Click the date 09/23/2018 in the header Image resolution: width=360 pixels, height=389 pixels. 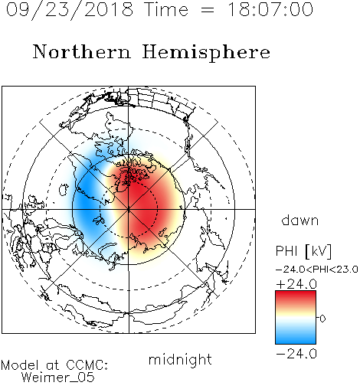pos(70,10)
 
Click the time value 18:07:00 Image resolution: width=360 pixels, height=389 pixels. pos(270,9)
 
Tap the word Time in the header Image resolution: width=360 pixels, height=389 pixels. pos(166,9)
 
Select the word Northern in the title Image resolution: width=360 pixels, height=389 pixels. pos(82,51)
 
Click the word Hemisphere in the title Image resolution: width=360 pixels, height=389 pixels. pos(206,53)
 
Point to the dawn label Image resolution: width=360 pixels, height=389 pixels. pos(300,220)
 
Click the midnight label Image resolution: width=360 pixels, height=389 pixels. pos(180,359)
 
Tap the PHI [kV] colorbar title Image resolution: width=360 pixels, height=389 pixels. pos(303,250)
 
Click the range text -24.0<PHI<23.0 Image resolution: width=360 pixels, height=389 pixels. pos(317,270)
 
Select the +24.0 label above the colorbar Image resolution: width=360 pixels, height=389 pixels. pos(296,284)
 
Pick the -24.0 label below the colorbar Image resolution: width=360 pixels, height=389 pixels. pos(296,354)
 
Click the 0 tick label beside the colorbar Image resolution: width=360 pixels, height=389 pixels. pos(322,319)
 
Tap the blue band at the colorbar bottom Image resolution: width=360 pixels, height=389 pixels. pos(296,338)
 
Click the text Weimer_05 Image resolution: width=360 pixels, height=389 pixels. pos(58,378)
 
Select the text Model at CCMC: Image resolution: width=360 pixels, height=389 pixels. pos(54,365)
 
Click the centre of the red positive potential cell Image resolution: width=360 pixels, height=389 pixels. pos(143,201)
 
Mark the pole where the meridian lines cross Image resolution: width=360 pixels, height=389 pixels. pos(129,209)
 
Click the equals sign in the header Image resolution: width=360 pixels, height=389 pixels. pos(208,10)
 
